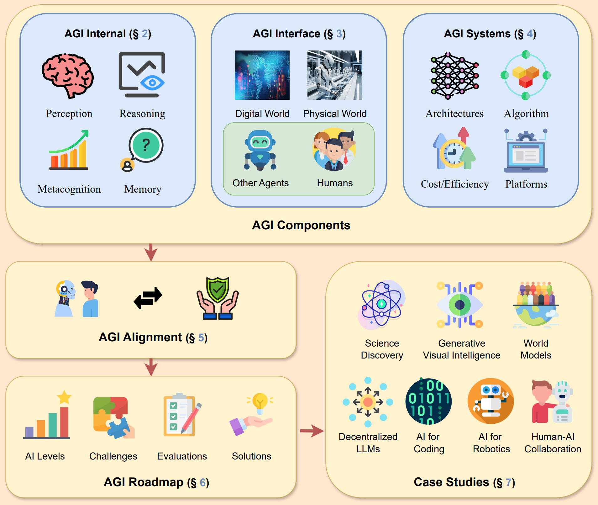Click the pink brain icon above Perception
[x=68, y=75]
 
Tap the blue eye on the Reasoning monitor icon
[x=152, y=83]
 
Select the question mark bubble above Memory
[x=146, y=145]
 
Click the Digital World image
[x=262, y=75]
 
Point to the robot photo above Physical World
[x=334, y=75]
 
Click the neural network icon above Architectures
[x=454, y=76]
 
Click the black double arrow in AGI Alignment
[x=148, y=298]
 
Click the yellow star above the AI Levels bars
[x=64, y=397]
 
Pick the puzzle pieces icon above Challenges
[x=113, y=417]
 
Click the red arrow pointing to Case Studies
[x=312, y=431]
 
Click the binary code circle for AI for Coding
[x=428, y=401]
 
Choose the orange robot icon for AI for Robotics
[x=490, y=401]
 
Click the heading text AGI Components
[x=301, y=225]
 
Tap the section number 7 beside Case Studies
[x=508, y=482]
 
